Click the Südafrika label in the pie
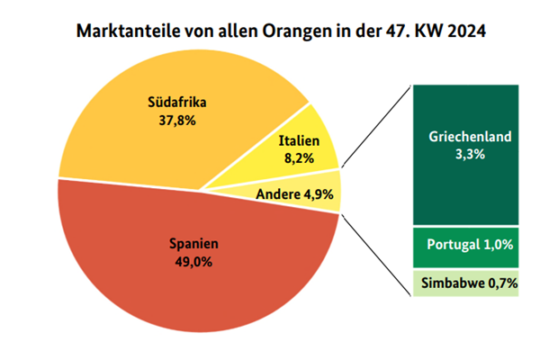point(176,101)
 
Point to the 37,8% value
point(176,119)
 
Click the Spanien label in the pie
point(194,243)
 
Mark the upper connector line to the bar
point(376,126)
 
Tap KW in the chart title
point(424,31)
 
